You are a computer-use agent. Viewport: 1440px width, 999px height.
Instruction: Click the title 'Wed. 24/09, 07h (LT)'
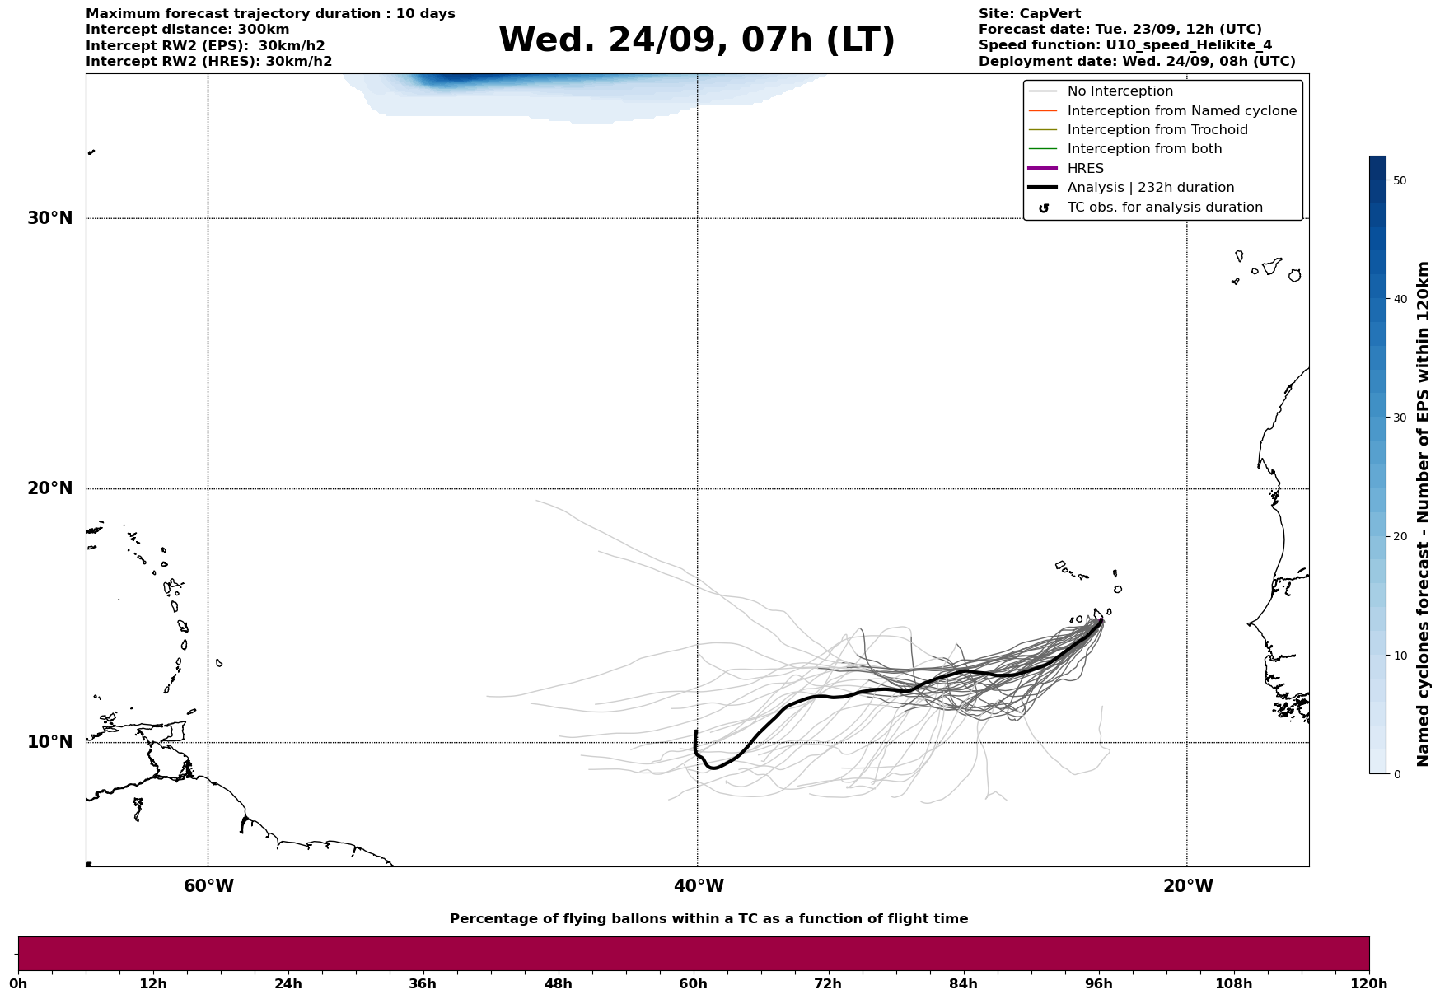(x=696, y=40)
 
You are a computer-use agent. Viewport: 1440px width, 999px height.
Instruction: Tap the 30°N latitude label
(x=50, y=218)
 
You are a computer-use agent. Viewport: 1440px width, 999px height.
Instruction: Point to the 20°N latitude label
(x=50, y=488)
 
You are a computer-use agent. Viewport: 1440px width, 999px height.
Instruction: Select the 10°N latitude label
(x=50, y=742)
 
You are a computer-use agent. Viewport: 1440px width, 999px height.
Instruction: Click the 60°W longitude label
(x=208, y=886)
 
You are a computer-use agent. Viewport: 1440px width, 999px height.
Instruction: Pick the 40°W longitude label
(x=699, y=886)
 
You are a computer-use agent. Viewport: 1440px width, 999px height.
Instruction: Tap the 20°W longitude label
(x=1188, y=886)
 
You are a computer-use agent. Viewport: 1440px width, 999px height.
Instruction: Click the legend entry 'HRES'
(x=1085, y=169)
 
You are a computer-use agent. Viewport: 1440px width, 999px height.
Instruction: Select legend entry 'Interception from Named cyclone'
(x=1181, y=111)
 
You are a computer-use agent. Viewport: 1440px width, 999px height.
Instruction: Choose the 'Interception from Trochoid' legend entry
(x=1157, y=130)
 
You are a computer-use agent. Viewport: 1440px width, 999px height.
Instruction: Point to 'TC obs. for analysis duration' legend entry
(x=1164, y=208)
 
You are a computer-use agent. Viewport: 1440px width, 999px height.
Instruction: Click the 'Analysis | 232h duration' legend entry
(x=1150, y=188)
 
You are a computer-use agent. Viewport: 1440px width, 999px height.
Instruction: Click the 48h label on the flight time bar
(x=558, y=984)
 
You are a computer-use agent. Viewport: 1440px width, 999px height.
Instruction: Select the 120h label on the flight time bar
(x=1369, y=984)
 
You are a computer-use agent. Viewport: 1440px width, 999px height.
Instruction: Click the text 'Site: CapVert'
(x=1029, y=14)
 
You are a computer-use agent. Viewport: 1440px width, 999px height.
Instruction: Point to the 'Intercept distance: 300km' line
(x=187, y=30)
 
